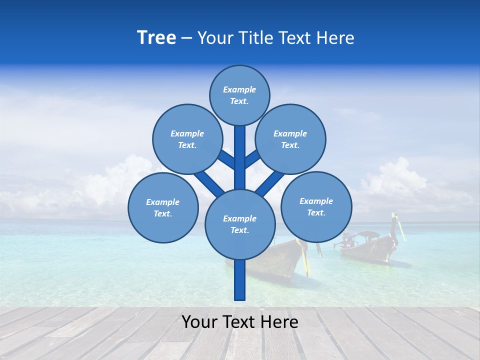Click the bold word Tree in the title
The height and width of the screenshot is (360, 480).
(x=156, y=37)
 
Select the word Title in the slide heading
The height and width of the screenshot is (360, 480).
(x=254, y=38)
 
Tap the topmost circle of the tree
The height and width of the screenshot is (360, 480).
(x=239, y=95)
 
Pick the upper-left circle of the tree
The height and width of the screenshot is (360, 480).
(x=187, y=139)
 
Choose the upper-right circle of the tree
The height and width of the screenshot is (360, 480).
(x=290, y=139)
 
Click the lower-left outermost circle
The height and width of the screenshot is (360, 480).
(x=163, y=207)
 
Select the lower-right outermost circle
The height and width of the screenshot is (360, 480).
(x=316, y=206)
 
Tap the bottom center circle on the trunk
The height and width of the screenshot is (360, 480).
(x=240, y=224)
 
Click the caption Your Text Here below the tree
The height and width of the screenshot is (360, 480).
(x=240, y=322)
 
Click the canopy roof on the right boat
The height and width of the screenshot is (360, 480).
(x=368, y=233)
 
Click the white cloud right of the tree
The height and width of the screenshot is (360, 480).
(x=395, y=180)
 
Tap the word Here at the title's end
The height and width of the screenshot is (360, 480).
(x=337, y=38)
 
